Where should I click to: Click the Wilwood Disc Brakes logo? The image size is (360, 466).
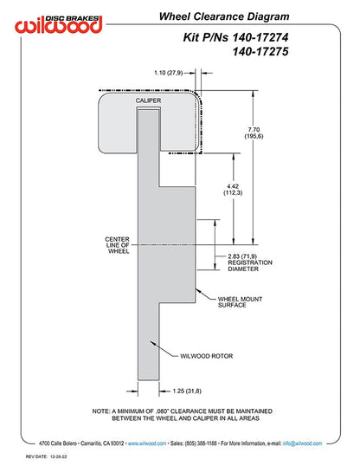(59, 23)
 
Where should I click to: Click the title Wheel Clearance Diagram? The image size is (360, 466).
(224, 16)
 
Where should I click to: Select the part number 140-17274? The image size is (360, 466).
(260, 37)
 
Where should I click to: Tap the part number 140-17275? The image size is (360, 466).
(260, 51)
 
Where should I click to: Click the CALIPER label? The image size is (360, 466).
(148, 100)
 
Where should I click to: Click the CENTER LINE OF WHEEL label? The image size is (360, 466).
(118, 245)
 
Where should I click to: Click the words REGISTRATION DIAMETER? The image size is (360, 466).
(250, 266)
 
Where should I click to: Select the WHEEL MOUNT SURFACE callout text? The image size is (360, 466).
(240, 302)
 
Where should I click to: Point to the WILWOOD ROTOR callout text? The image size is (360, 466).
(207, 356)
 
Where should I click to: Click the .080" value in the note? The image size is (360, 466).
(162, 411)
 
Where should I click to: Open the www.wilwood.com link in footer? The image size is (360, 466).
(147, 443)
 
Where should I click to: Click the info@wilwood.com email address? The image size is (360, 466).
(302, 443)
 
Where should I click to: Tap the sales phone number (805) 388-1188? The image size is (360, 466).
(201, 443)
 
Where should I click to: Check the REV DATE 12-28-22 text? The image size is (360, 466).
(46, 456)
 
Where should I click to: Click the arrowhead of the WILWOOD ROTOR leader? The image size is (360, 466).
(152, 343)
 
